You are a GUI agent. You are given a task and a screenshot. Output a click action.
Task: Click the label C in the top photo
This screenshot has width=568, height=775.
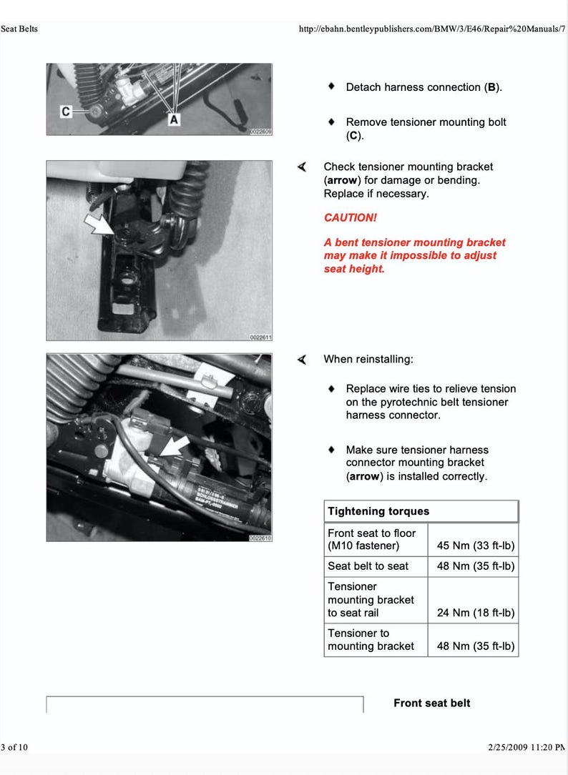tap(67, 112)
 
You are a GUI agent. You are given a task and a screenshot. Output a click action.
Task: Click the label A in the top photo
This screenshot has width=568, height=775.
tap(173, 120)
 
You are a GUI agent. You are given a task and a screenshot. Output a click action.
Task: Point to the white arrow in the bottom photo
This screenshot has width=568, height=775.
tap(173, 448)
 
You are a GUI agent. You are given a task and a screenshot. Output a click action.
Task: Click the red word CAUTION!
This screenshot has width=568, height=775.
tap(350, 217)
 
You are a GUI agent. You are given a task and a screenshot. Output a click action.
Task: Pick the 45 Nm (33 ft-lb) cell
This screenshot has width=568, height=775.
tap(475, 546)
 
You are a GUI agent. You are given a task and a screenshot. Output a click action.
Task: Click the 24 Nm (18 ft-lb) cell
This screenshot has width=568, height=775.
tap(475, 613)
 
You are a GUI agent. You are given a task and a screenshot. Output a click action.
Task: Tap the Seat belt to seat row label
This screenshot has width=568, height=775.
tap(368, 566)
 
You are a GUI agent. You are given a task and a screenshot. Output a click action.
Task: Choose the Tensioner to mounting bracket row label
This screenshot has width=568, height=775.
tap(371, 639)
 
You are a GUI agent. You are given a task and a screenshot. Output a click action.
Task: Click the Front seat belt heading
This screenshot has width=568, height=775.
tap(431, 703)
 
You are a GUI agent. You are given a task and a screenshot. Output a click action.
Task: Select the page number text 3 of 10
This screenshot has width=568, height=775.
tap(14, 747)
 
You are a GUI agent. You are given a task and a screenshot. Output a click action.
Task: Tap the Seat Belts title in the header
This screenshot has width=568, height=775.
tap(19, 29)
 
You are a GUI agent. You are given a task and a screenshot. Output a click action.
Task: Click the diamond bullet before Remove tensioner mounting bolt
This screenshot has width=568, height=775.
tap(331, 122)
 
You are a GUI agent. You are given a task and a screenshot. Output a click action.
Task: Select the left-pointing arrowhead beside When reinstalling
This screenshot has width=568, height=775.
tap(303, 359)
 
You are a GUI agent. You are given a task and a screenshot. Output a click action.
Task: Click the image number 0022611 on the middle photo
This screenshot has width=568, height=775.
tap(260, 337)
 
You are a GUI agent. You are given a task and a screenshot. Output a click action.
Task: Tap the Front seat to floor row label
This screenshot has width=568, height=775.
tap(371, 539)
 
